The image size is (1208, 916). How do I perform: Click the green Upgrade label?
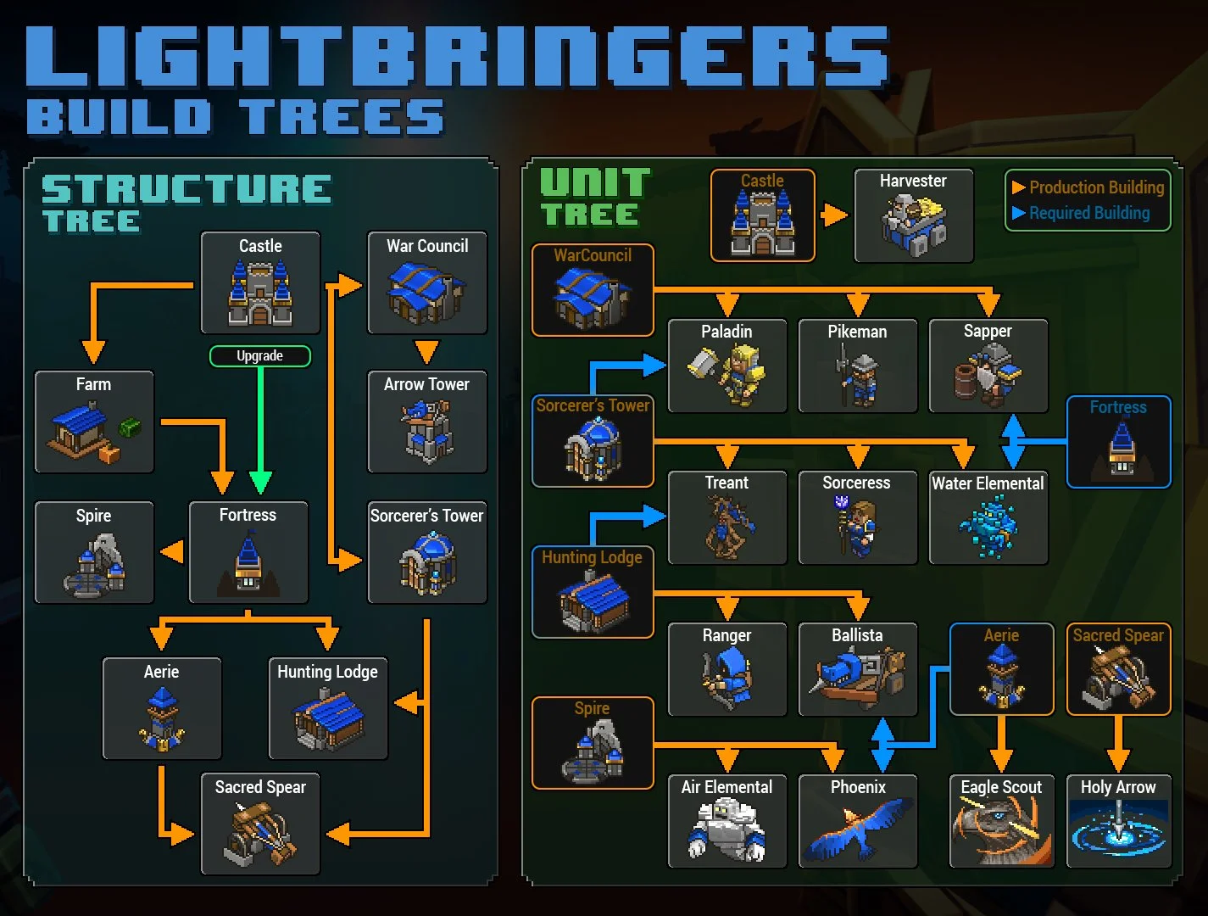pos(259,356)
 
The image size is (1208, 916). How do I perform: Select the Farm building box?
pos(94,422)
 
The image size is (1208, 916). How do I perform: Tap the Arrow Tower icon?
pos(427,431)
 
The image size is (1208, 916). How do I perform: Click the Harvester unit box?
pos(913,215)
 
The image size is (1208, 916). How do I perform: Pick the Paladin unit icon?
pos(727,374)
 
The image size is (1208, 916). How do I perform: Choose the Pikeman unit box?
pos(857,366)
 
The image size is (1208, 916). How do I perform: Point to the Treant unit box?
pos(727,517)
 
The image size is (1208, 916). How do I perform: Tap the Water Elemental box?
pos(988,517)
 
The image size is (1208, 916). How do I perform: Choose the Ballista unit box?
pos(857,669)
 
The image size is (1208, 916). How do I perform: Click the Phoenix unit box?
pos(857,820)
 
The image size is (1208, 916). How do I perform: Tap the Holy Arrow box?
pos(1118,820)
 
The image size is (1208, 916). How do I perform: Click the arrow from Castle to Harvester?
pos(834,215)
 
